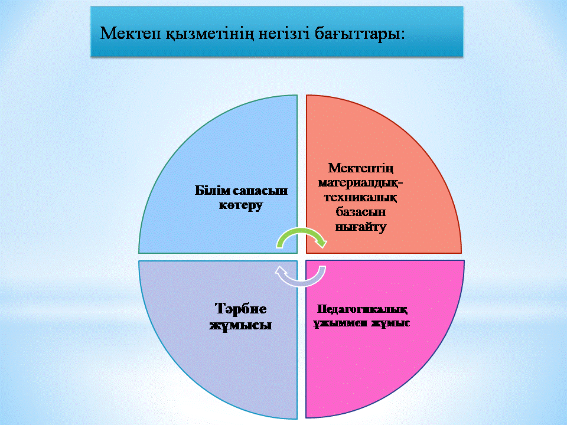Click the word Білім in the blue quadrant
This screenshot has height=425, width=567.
pyautogui.click(x=211, y=190)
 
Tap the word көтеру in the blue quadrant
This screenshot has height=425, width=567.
pyautogui.click(x=241, y=205)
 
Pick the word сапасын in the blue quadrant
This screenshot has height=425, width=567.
pyautogui.click(x=259, y=191)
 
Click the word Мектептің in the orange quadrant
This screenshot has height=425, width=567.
pyautogui.click(x=360, y=168)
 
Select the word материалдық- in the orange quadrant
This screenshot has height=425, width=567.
pyautogui.click(x=360, y=182)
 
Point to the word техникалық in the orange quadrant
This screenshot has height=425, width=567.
pyautogui.click(x=360, y=197)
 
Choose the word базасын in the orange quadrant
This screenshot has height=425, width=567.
pyautogui.click(x=360, y=212)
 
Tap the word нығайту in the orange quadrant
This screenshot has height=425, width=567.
pyautogui.click(x=360, y=227)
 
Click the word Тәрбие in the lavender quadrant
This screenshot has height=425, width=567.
pyautogui.click(x=240, y=309)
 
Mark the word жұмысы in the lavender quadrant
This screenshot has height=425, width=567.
pyautogui.click(x=240, y=325)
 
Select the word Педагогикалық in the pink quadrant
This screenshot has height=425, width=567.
pyautogui.click(x=362, y=309)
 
